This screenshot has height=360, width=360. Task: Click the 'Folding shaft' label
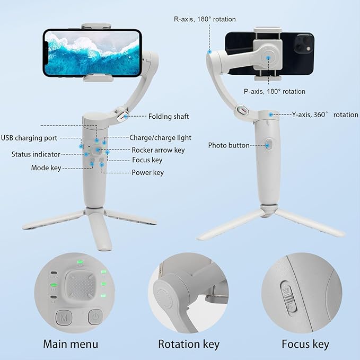click(x=169, y=117)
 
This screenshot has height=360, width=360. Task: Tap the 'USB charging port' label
click(x=29, y=138)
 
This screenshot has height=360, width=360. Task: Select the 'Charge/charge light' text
click(x=160, y=137)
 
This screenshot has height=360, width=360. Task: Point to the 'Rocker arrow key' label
click(x=158, y=150)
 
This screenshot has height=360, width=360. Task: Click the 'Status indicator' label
click(x=36, y=154)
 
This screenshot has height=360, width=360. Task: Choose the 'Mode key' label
click(x=46, y=168)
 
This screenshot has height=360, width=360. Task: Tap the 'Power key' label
click(x=147, y=172)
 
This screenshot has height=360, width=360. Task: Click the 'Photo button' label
click(x=229, y=145)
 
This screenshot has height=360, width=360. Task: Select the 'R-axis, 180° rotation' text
click(x=205, y=19)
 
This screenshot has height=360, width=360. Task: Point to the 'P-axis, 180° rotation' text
click(x=274, y=91)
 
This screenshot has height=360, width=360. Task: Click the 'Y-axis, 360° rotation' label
click(x=325, y=115)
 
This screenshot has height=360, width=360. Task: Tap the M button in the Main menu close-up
click(x=64, y=318)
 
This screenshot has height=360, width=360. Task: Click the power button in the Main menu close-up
click(x=95, y=317)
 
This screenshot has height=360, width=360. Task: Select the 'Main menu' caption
click(x=71, y=344)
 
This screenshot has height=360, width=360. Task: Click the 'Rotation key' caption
click(x=189, y=345)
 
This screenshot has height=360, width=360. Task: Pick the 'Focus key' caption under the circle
click(x=305, y=345)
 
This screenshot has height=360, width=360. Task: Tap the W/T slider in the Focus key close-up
click(x=288, y=297)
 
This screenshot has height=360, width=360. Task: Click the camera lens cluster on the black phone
click(x=303, y=43)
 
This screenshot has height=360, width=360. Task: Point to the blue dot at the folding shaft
click(x=126, y=116)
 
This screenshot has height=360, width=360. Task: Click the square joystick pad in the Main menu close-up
click(x=80, y=286)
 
